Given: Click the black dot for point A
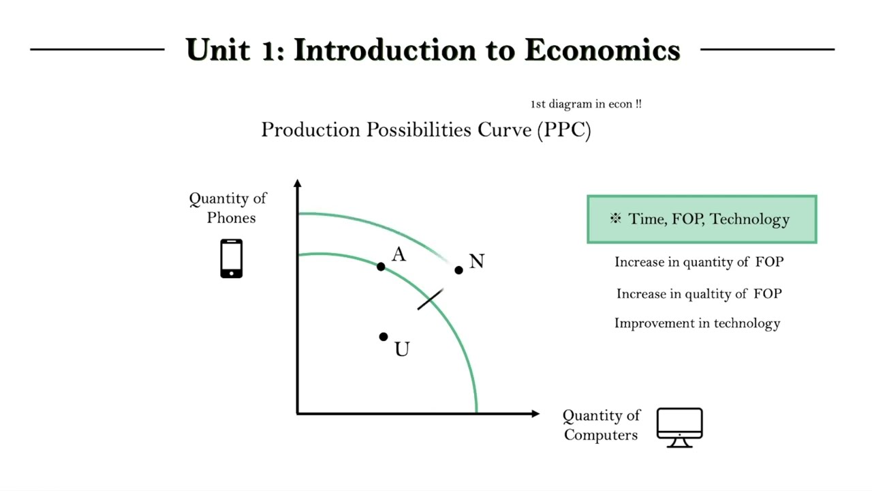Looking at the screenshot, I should pyautogui.click(x=381, y=267).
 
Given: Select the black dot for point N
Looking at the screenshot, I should pyautogui.click(x=458, y=270).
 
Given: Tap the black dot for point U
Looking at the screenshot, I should pyautogui.click(x=384, y=337).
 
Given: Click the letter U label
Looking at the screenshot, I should pyautogui.click(x=402, y=350).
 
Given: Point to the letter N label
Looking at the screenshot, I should pyautogui.click(x=476, y=262).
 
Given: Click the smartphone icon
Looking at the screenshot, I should pyautogui.click(x=232, y=258).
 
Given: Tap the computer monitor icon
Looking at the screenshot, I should pyautogui.click(x=679, y=427).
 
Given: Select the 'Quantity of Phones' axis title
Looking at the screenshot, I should pyautogui.click(x=228, y=208).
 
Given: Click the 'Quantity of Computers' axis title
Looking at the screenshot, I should pyautogui.click(x=601, y=425).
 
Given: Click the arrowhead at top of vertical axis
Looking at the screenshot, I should pyautogui.click(x=298, y=183).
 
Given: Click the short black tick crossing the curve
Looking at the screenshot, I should pyautogui.click(x=431, y=299).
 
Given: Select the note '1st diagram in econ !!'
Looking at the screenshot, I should pyautogui.click(x=586, y=104).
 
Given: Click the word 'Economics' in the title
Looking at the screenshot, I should pyautogui.click(x=602, y=50).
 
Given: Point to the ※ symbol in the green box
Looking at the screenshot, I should pyautogui.click(x=616, y=219).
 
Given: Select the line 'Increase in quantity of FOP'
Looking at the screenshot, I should pyautogui.click(x=699, y=262).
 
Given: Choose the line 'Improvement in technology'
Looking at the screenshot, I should pyautogui.click(x=697, y=323).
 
